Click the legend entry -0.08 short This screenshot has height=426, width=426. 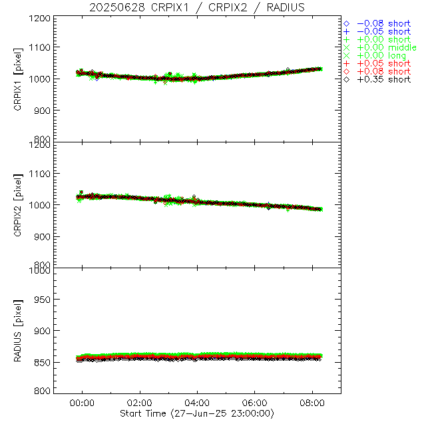click(x=383, y=23)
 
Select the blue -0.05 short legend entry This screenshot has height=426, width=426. click(x=383, y=31)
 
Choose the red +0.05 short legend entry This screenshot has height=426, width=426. click(x=383, y=63)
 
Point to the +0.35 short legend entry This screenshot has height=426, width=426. click(x=383, y=79)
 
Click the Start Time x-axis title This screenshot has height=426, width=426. click(x=198, y=413)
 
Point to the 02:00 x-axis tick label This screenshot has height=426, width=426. click(x=140, y=403)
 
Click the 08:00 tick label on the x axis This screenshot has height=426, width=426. click(x=312, y=403)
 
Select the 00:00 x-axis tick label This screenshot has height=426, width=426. click(x=83, y=403)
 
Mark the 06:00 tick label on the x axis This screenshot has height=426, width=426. click(x=255, y=403)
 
